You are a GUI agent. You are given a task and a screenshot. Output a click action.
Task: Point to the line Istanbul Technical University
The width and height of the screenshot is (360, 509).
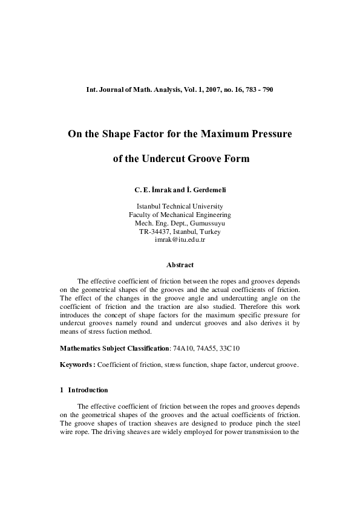click(x=180, y=206)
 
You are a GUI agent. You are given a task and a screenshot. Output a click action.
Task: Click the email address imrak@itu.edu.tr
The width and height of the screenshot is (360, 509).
click(x=180, y=240)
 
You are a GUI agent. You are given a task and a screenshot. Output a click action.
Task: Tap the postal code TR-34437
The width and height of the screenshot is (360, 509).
click(x=155, y=232)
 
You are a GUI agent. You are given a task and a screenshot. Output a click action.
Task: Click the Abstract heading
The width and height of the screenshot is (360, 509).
click(x=180, y=264)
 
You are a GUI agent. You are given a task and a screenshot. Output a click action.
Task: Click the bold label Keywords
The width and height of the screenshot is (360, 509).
click(x=77, y=365)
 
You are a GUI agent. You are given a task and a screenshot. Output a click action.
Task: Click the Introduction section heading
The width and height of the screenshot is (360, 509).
click(x=88, y=390)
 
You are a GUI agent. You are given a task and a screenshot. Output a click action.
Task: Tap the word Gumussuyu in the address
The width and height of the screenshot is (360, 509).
click(x=205, y=223)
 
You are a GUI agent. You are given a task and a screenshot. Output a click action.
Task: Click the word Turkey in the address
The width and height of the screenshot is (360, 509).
click(x=209, y=232)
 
